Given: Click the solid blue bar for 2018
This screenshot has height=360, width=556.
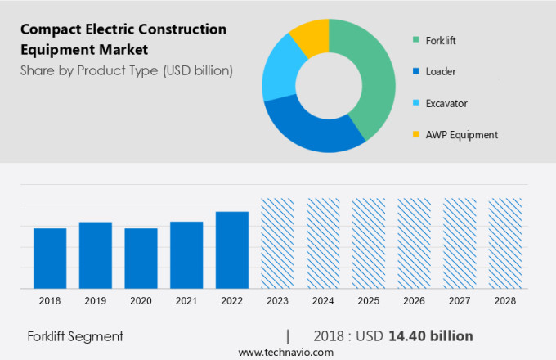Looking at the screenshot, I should point(50,258).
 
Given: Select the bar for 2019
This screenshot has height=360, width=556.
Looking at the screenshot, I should point(96,254).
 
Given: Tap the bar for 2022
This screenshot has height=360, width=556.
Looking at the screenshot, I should point(232,250).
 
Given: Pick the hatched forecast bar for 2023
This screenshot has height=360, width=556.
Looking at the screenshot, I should point(277,243).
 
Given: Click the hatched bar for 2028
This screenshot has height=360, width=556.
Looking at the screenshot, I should point(504,243).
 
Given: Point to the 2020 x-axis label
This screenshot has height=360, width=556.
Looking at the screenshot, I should point(141,301).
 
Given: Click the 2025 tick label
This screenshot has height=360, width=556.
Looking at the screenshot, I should point(368,301).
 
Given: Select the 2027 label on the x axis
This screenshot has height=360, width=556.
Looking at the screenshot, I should point(459,301).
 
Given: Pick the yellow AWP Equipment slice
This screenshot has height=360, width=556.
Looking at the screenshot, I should point(312,37).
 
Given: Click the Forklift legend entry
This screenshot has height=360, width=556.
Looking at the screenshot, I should point(441,39).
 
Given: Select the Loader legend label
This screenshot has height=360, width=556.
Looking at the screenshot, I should point(440,71).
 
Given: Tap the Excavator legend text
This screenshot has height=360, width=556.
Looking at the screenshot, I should point(446,103).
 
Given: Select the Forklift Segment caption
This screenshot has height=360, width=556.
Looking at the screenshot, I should point(75,336).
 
